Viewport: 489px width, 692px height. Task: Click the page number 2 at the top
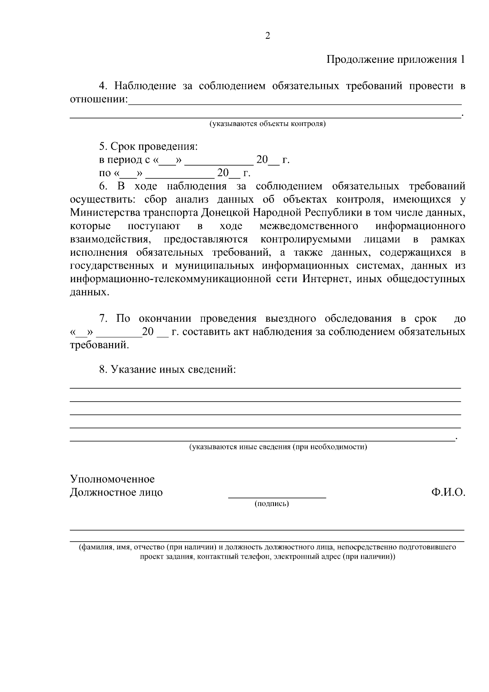(268, 36)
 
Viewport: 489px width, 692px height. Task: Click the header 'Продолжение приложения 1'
(395, 60)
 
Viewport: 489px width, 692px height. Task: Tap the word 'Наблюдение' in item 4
(145, 86)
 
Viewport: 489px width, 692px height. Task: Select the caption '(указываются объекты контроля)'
(268, 124)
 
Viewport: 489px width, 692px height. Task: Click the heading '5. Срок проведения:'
(148, 146)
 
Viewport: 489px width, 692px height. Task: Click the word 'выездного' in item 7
(291, 318)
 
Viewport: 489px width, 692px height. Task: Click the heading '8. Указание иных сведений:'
(167, 370)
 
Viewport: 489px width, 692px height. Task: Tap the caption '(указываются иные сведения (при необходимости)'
(278, 447)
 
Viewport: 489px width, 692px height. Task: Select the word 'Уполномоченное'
(112, 479)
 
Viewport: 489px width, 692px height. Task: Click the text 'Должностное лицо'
(116, 493)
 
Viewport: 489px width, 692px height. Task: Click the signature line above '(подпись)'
(277, 497)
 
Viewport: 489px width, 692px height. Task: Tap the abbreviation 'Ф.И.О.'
(448, 493)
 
